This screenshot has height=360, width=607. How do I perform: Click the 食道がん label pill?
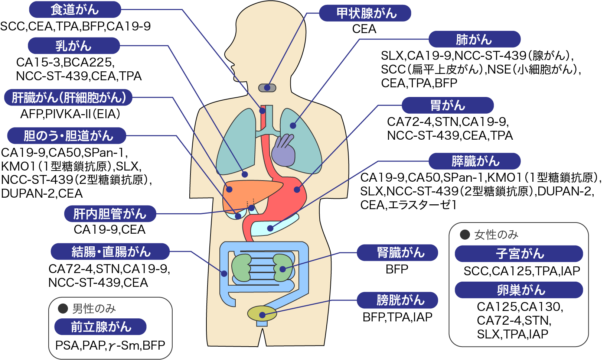pos(75,10)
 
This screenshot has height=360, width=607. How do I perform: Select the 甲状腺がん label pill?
pos(365,13)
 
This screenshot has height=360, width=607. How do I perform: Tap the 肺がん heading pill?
pos(474,39)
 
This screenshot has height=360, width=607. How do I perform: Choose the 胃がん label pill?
pos(448,106)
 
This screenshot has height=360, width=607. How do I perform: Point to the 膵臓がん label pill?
pos(474,161)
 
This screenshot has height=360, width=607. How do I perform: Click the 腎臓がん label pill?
pos(397,253)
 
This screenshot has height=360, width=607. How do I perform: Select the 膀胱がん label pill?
pos(397,300)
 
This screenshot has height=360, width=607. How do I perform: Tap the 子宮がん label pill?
pos(519,254)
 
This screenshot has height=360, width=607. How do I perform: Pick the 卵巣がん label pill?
pos(519,290)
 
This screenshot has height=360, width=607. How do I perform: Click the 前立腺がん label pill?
pos(100,327)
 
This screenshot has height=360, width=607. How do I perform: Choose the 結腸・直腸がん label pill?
pos(110,252)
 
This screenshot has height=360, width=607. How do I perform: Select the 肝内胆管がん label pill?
pos(110,214)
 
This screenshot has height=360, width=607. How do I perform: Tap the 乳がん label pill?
pos(74,46)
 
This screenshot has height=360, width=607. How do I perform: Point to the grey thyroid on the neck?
pos(267,88)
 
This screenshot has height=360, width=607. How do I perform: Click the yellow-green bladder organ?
pos(262,314)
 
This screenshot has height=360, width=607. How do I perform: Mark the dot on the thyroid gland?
pos(267,88)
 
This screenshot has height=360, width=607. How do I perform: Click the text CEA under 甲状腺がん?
pos(364,29)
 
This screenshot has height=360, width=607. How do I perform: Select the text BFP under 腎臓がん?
pos(397,269)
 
